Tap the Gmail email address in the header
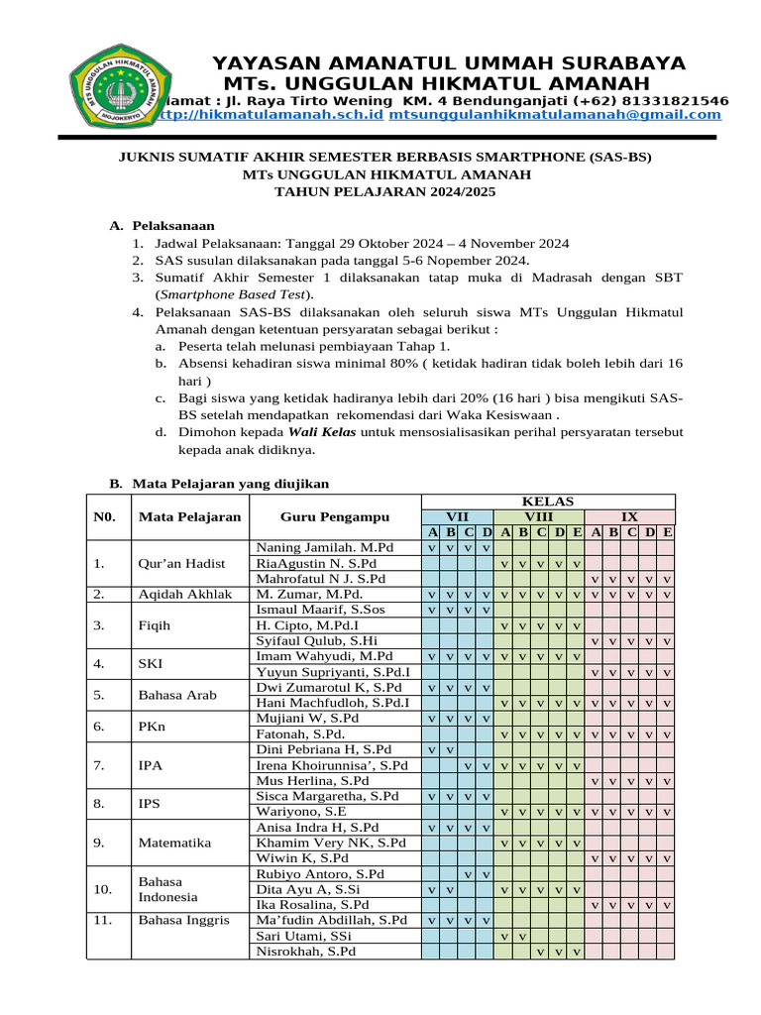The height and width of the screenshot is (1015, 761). point(555,115)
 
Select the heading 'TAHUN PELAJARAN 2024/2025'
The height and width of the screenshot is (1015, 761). point(385,192)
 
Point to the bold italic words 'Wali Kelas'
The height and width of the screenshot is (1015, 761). point(322,433)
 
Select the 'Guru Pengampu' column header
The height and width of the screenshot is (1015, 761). point(334,516)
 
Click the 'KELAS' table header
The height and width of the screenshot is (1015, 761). point(548,502)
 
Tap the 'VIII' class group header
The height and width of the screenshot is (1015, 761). point(539,516)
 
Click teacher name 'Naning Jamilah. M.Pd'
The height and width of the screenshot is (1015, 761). point(325,547)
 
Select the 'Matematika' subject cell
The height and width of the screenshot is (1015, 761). point(175,843)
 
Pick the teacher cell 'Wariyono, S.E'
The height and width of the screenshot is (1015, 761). point(300,811)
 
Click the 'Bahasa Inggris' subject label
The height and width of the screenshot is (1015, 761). point(183,920)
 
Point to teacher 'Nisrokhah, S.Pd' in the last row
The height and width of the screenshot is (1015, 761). point(306,952)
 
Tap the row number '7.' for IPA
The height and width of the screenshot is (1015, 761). point(99,765)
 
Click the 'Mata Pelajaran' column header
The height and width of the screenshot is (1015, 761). point(189,516)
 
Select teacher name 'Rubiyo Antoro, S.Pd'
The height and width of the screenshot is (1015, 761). point(320,873)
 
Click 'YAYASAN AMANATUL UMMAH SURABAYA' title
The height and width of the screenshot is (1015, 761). point(449,62)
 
